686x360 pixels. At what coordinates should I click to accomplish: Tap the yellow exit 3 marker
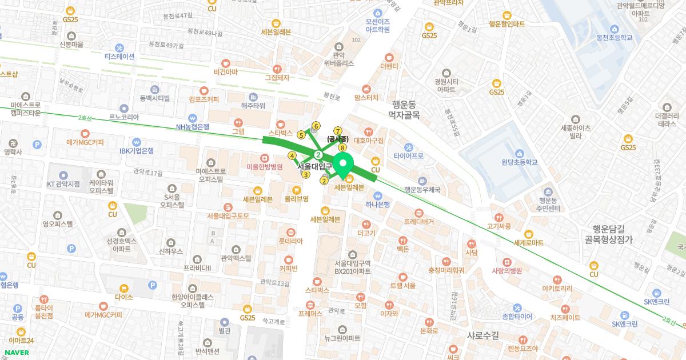(306, 175)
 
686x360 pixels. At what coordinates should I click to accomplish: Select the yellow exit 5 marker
(301, 135)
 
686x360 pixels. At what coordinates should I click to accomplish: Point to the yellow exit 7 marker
(338, 131)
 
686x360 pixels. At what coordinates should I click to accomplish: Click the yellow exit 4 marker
(292, 155)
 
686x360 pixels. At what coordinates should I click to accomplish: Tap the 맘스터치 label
(366, 98)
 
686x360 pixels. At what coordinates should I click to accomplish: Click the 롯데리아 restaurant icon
(290, 232)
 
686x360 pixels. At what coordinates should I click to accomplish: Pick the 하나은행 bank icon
(377, 195)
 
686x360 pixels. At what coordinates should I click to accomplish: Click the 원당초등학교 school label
(519, 162)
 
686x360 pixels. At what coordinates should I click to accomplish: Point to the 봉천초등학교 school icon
(613, 29)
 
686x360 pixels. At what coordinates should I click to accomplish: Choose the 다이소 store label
(123, 297)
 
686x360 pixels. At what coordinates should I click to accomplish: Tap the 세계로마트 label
(528, 242)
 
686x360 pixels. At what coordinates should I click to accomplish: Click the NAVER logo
(16, 352)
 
